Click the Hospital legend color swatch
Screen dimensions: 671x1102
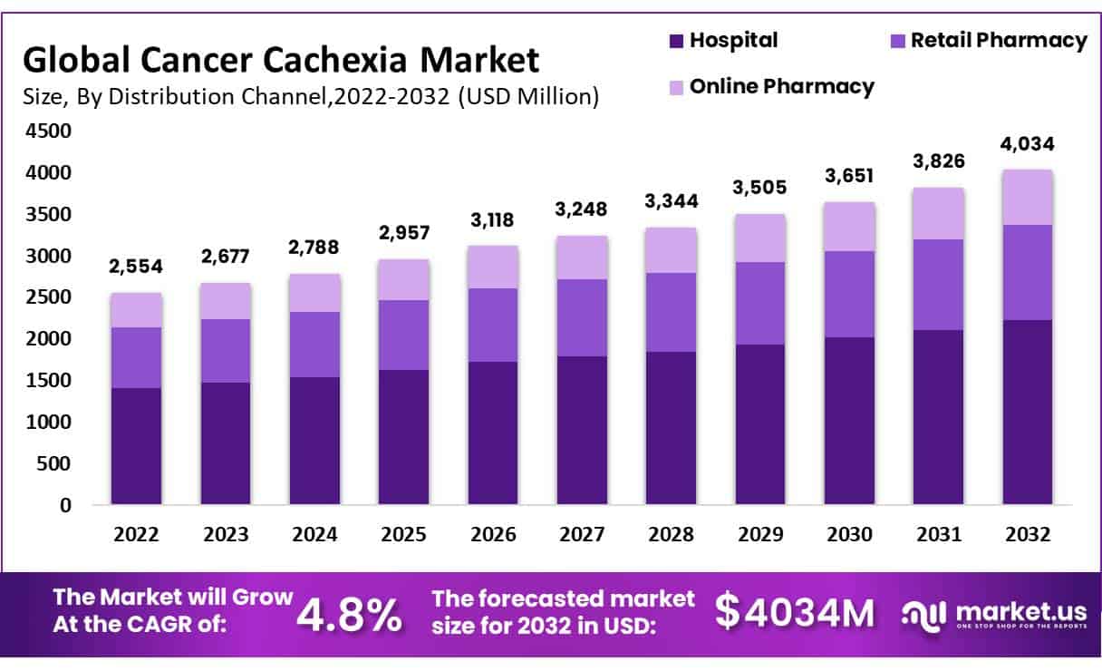(676, 41)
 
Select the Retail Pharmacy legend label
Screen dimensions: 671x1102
(998, 40)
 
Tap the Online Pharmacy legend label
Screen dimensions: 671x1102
(781, 86)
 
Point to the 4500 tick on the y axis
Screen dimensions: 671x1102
(46, 131)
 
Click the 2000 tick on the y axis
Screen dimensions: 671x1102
(46, 339)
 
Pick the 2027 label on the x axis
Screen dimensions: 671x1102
(583, 535)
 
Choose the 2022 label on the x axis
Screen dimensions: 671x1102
(136, 535)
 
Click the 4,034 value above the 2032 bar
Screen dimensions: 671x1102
(1027, 144)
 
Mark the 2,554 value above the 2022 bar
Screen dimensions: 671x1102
(136, 267)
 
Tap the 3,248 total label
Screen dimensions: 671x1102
(583, 210)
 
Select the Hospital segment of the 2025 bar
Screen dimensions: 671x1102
(403, 437)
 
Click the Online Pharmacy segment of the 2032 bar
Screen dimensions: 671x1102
(1027, 197)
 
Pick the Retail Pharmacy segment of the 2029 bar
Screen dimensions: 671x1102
(760, 303)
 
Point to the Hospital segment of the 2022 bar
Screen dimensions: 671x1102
(136, 446)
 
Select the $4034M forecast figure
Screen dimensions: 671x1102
(795, 612)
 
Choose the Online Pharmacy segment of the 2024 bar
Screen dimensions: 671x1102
(314, 293)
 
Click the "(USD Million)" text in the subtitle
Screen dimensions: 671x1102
(528, 96)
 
